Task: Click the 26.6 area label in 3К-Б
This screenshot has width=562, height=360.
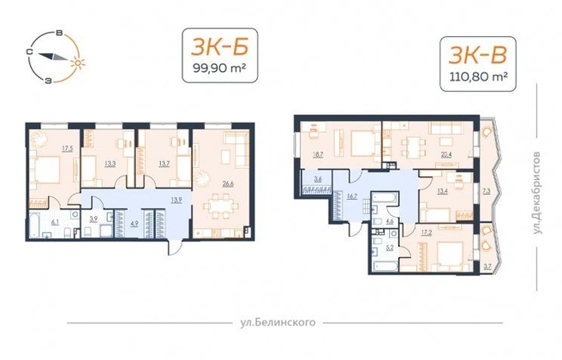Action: click(x=228, y=184)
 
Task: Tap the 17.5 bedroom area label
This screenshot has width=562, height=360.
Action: click(x=67, y=148)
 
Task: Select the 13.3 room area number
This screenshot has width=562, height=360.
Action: click(x=110, y=165)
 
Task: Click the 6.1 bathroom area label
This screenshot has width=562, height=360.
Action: click(x=55, y=222)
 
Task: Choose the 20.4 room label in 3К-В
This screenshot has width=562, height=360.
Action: click(x=446, y=155)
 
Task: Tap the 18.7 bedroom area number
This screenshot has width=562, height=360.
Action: click(x=318, y=155)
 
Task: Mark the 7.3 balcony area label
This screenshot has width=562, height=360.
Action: click(x=486, y=191)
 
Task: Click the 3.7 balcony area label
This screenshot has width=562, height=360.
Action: click(x=487, y=267)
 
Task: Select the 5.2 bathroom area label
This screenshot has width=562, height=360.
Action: click(x=390, y=248)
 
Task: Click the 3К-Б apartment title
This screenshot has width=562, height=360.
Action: click(x=219, y=47)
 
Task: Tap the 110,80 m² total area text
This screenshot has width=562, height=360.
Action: click(x=479, y=76)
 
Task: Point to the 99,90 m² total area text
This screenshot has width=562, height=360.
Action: click(x=219, y=68)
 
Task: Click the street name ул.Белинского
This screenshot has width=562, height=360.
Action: click(x=278, y=322)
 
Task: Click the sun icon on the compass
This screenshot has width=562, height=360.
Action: click(x=78, y=63)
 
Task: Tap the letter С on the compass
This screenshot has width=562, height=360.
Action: click(x=30, y=52)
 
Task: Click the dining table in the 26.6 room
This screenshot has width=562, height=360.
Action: click(x=221, y=207)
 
